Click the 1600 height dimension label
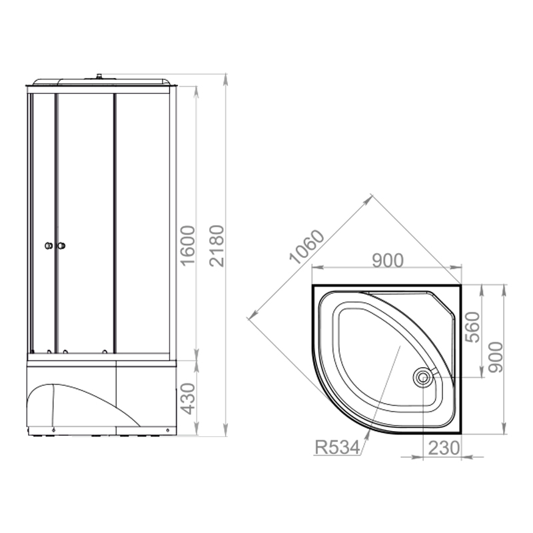(x=188, y=245)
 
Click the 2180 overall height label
(x=217, y=245)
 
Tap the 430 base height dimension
(x=188, y=398)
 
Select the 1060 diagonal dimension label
(x=307, y=247)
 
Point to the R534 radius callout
(x=337, y=447)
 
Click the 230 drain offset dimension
(x=444, y=448)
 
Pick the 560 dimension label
(x=472, y=327)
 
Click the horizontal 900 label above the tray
(x=388, y=261)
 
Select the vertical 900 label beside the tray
(x=495, y=357)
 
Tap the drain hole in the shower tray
(x=422, y=377)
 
